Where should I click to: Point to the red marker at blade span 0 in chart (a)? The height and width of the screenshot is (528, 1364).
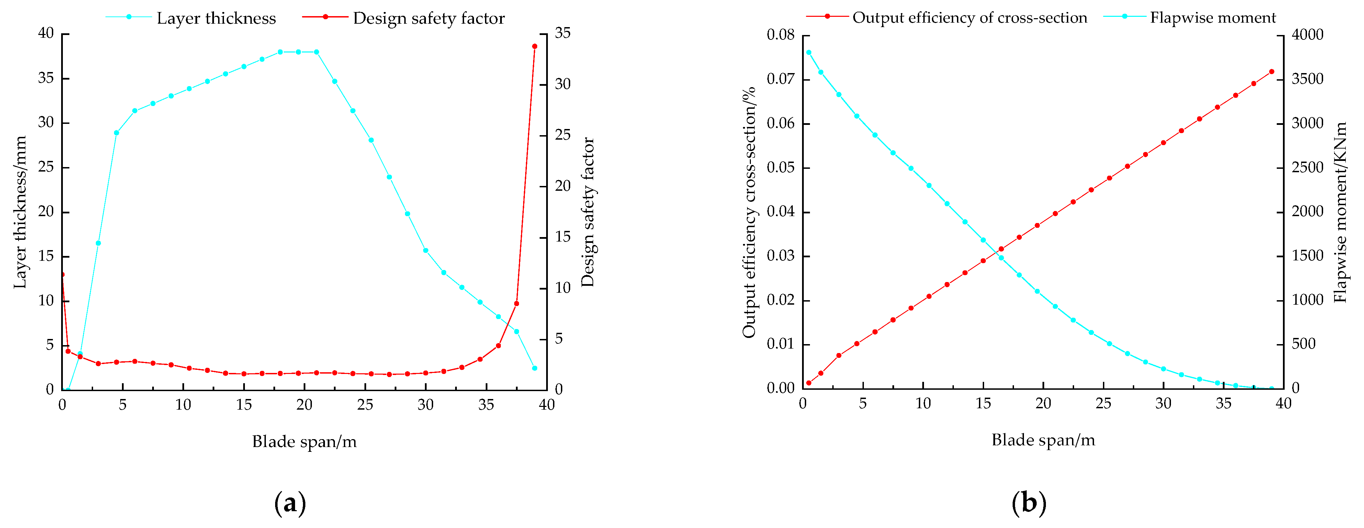point(63,274)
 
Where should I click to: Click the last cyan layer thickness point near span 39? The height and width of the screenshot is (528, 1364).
point(534,368)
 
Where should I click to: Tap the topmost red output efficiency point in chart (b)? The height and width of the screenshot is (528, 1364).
point(1271,71)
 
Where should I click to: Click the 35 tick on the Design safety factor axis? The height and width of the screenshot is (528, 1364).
point(562,33)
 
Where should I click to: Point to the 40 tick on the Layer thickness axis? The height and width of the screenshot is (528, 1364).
point(46,33)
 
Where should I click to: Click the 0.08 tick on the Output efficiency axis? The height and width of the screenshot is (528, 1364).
point(780,35)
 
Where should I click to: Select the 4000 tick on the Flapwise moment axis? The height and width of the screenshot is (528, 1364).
point(1307,35)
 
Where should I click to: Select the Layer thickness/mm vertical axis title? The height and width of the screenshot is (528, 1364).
point(20,212)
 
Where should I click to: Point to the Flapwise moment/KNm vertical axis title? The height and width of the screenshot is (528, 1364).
point(1340,212)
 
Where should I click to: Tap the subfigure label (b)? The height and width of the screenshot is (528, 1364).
point(1028,503)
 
